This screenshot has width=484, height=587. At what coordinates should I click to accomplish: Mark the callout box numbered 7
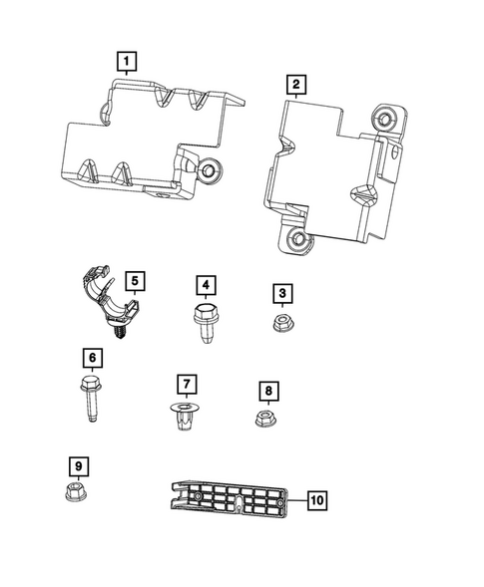coord(184,384)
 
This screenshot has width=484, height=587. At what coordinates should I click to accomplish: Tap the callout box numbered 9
coord(78,465)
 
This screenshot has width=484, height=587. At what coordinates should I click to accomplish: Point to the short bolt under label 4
coord(205,322)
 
